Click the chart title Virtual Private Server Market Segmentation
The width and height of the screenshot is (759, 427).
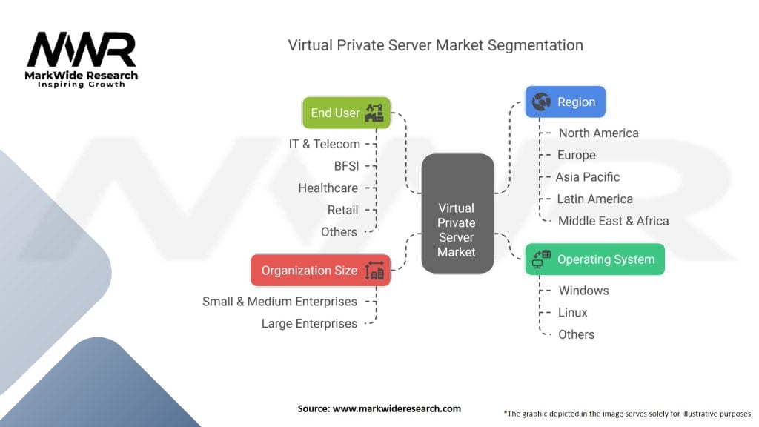[435, 45]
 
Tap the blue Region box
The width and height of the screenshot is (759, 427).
[565, 102]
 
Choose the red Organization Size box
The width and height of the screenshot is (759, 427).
[320, 271]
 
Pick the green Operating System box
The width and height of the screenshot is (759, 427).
[594, 259]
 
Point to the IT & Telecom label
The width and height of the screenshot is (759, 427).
[325, 144]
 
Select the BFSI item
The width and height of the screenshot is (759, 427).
[345, 166]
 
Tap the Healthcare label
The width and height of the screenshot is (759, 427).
[328, 188]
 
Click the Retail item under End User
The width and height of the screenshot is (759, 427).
[342, 210]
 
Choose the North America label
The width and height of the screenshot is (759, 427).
[598, 133]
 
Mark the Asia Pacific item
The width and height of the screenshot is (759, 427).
[588, 177]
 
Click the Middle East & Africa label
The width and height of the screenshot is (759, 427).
[613, 221]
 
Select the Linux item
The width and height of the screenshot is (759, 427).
[573, 313]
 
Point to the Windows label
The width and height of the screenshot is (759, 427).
[583, 291]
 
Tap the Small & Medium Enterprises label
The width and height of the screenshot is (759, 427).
[279, 302]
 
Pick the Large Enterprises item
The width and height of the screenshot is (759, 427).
[309, 324]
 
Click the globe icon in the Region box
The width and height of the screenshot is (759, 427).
[540, 102]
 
